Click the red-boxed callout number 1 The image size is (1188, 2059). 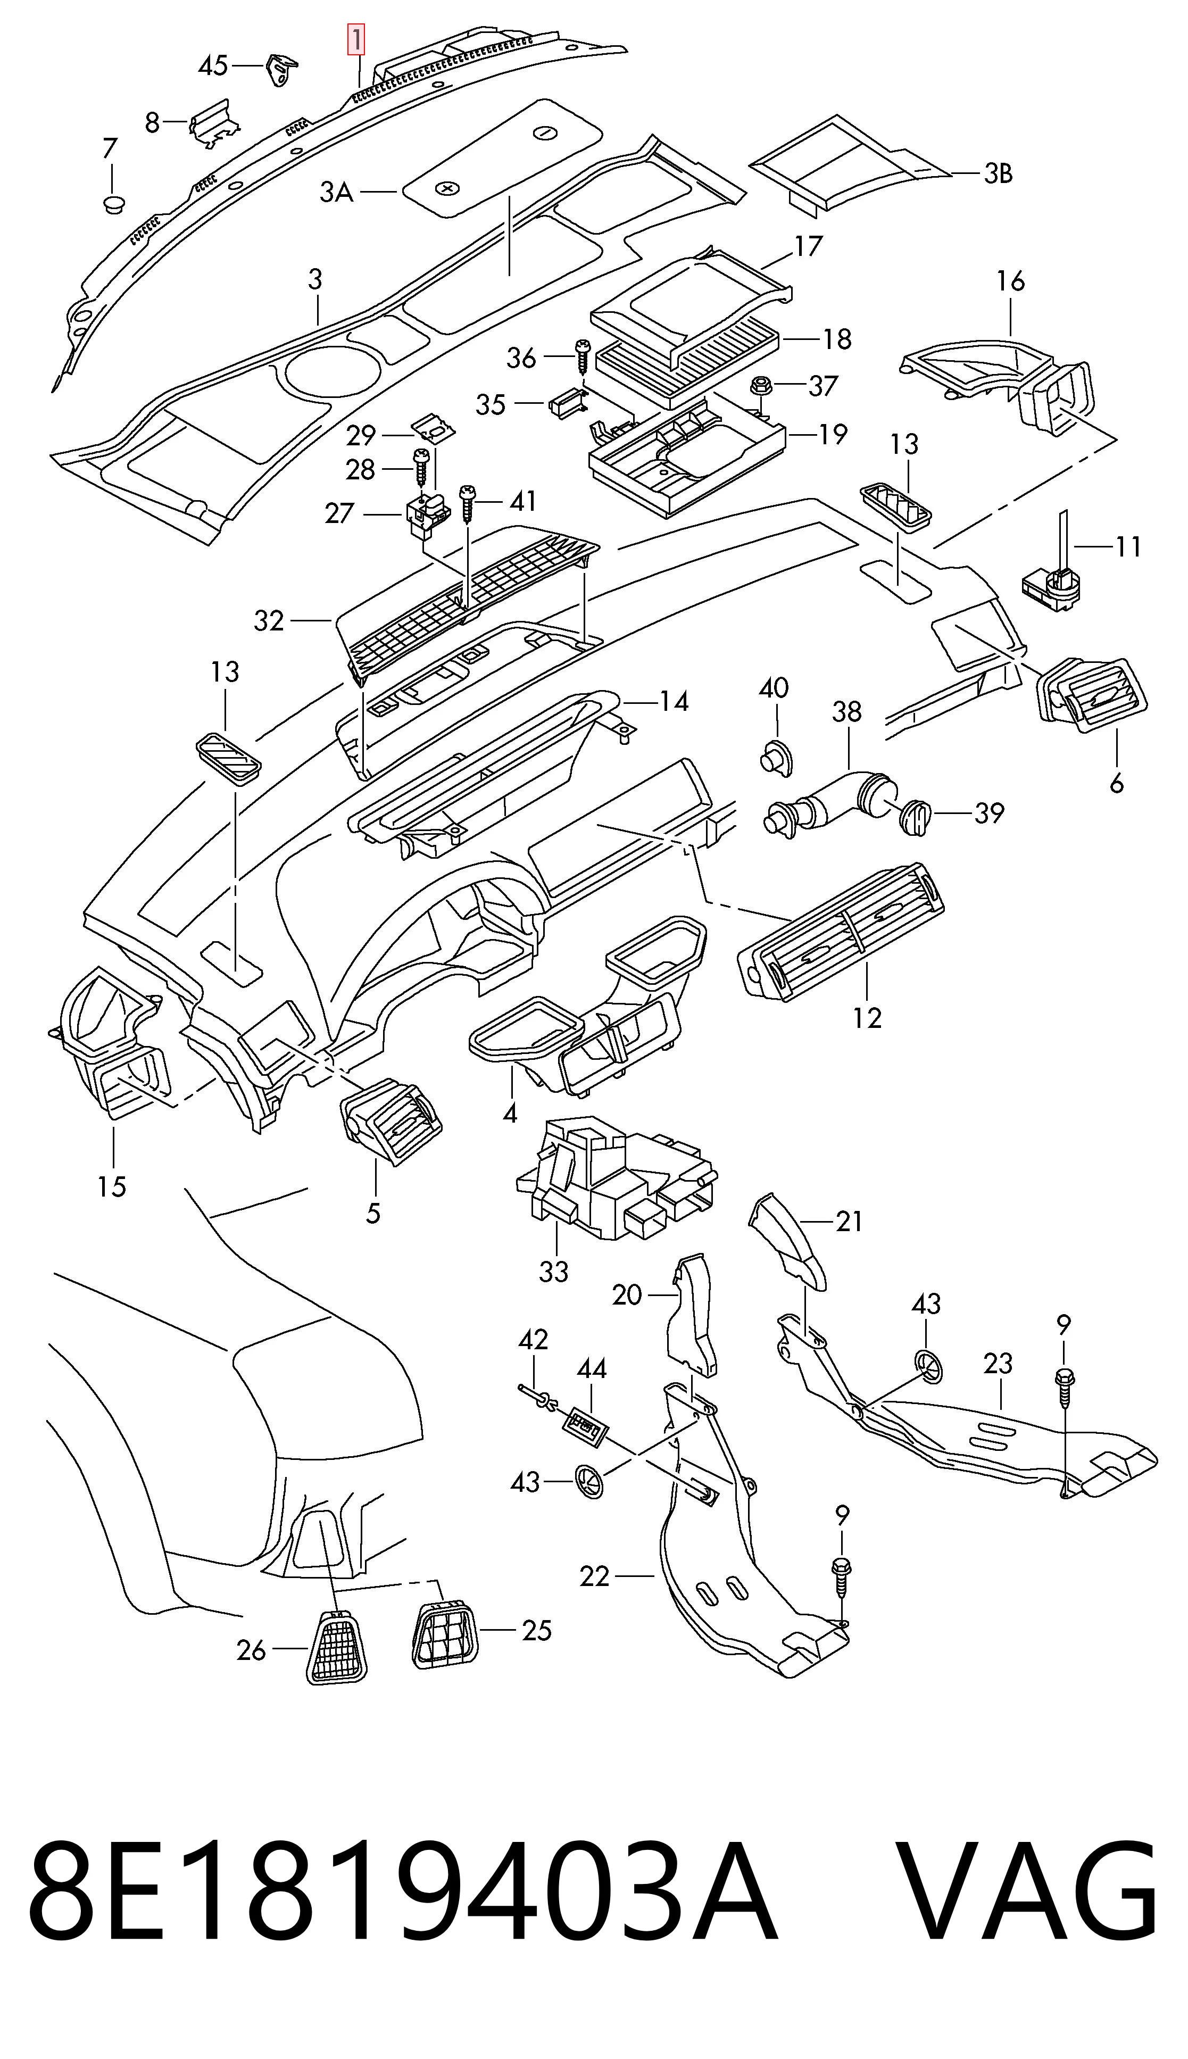356,40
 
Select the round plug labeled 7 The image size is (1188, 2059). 113,203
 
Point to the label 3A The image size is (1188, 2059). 336,193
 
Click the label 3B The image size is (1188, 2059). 997,174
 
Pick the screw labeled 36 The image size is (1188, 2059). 583,356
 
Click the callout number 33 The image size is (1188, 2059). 553,1271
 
